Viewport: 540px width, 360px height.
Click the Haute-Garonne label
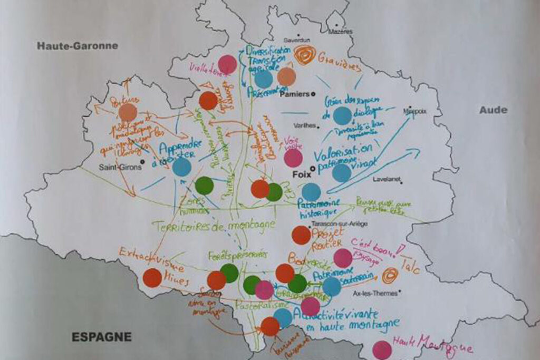78,46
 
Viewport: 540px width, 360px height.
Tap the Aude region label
493,110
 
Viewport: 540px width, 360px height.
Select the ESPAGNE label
102,336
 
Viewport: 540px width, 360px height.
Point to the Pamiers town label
294,94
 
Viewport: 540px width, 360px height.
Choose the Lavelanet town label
386,179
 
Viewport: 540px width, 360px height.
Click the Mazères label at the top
340,32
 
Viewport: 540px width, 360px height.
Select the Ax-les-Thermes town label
379,293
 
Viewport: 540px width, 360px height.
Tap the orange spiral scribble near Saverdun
305,55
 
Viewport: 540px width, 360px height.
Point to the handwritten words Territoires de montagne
215,225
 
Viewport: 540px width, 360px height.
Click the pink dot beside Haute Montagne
382,350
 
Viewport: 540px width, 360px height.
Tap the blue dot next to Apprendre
181,167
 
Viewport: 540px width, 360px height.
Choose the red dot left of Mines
152,278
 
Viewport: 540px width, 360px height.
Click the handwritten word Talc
410,266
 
